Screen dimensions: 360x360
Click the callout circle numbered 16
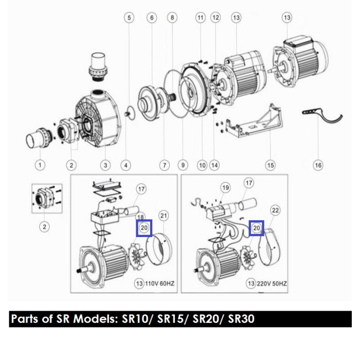[318, 165]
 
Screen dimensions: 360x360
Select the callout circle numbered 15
[270, 165]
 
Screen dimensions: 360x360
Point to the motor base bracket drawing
[254, 122]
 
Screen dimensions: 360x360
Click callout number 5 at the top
[129, 17]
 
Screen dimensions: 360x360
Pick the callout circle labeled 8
[172, 17]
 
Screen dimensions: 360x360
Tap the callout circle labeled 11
[201, 17]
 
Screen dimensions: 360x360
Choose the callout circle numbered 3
[105, 165]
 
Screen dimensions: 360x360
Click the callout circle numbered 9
[183, 165]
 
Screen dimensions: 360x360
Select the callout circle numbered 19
[225, 188]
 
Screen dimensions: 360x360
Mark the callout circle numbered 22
[275, 210]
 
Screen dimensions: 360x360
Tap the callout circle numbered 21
[164, 215]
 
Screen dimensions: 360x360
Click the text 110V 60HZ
[159, 283]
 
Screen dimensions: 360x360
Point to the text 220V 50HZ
[272, 283]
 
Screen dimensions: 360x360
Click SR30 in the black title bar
[241, 319]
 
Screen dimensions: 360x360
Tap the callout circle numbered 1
[40, 165]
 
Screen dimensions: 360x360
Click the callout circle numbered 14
[214, 165]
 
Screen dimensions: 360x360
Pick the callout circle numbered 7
[165, 165]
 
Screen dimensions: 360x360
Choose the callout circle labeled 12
[215, 17]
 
